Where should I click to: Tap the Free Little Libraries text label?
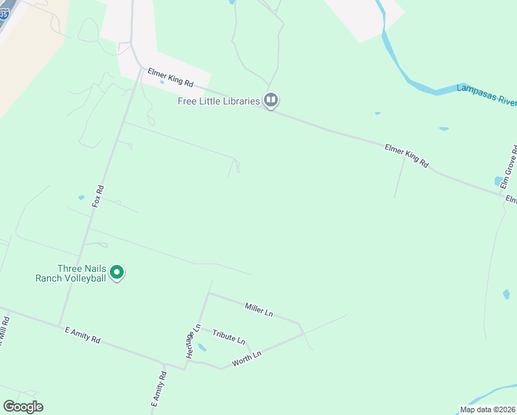tap(218, 102)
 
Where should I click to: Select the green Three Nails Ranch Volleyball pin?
tap(117, 273)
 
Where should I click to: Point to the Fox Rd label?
tap(98, 196)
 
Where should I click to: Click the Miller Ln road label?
tap(259, 309)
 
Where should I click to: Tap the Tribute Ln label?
tap(229, 337)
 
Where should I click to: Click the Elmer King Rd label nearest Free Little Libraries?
tap(170, 76)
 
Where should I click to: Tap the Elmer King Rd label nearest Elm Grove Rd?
tap(406, 156)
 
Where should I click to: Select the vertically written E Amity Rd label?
tap(159, 389)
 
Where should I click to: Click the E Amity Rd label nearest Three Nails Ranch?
tap(82, 335)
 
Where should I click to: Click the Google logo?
tap(23, 407)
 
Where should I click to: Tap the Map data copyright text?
tap(487, 409)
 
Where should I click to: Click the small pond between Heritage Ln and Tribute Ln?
tap(202, 347)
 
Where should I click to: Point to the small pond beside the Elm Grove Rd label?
tap(499, 181)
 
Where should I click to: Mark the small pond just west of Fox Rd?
tap(81, 197)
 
